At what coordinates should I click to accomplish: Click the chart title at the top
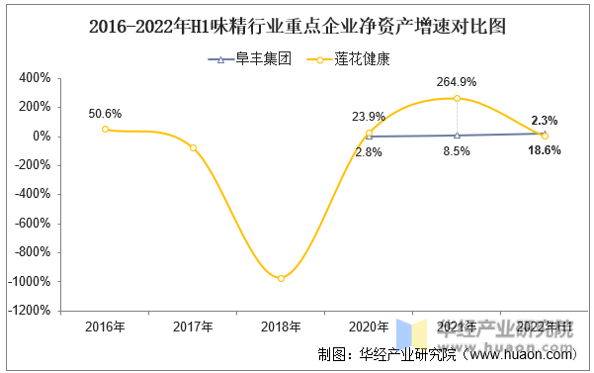point(297,27)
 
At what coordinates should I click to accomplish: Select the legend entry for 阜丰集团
point(248,59)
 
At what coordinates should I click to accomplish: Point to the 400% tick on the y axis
point(35,78)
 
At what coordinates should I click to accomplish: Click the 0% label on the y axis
point(41,137)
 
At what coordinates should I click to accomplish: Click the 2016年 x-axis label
point(105,327)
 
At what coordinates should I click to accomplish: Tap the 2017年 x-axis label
point(193,327)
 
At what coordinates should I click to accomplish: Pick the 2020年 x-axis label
point(369,327)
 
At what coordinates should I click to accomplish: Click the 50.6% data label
point(105,113)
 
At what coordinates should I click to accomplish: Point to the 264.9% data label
point(457,81)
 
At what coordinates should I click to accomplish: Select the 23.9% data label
point(369,116)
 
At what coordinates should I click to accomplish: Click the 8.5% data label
point(456,151)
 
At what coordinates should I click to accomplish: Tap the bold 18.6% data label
point(545,150)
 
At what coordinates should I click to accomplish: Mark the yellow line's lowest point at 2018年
point(281,278)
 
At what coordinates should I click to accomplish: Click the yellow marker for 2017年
point(193,147)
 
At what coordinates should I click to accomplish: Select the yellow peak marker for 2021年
point(457,98)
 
